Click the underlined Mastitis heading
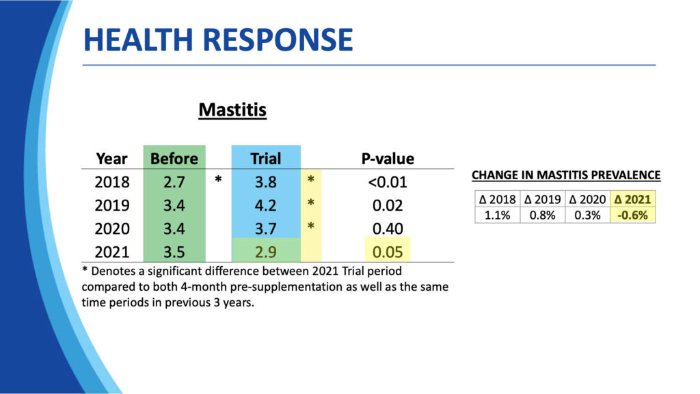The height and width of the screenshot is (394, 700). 232,109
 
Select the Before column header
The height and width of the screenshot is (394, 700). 174,159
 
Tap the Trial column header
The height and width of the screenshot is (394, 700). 265,159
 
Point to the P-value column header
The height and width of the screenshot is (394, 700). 387,159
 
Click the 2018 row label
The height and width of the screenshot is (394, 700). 112,183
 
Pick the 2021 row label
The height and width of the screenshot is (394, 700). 112,251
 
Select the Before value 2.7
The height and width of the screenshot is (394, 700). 174,183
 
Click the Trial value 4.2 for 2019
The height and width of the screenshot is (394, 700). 265,205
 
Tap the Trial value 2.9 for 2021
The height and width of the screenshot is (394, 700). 265,251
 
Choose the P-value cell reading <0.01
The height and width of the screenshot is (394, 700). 387,183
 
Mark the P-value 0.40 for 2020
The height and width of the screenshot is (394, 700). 387,228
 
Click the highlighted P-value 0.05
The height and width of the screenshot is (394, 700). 387,251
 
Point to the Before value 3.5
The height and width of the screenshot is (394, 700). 174,251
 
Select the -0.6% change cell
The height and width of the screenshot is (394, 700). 632,215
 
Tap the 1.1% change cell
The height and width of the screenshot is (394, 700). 497,215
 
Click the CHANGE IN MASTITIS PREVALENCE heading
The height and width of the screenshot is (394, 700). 566,176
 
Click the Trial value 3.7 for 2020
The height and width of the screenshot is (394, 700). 265,228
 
